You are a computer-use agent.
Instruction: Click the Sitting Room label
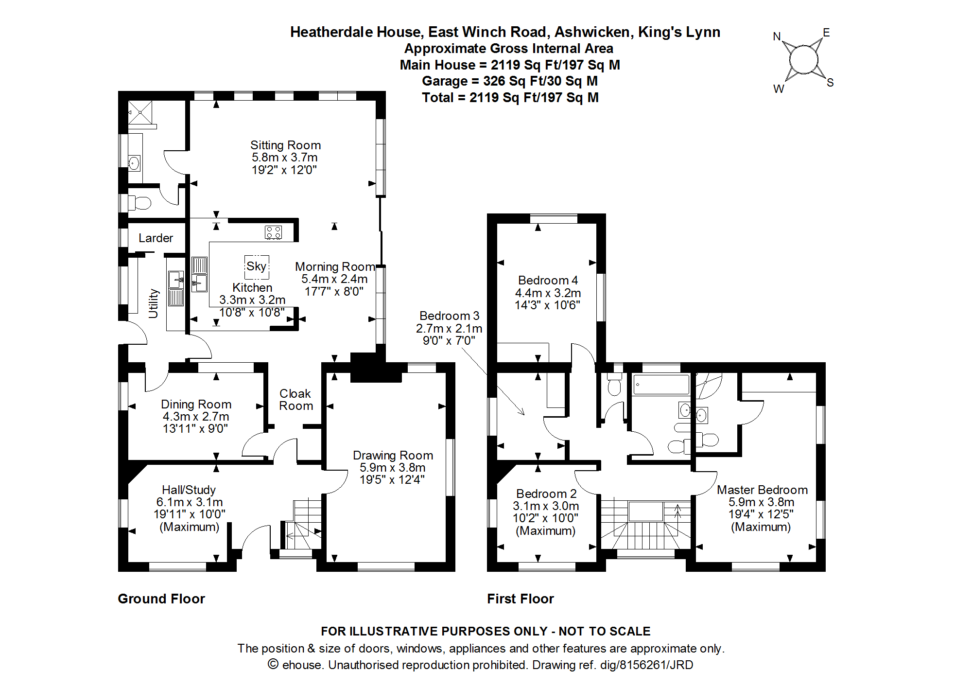click(285, 145)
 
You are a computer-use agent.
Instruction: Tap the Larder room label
click(156, 238)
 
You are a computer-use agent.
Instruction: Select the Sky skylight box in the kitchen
click(256, 266)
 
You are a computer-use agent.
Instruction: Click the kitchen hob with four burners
click(273, 232)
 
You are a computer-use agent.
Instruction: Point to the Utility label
click(154, 303)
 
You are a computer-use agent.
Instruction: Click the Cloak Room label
click(295, 400)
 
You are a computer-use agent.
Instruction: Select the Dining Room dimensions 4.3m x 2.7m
click(196, 417)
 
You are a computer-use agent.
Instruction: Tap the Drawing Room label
click(393, 456)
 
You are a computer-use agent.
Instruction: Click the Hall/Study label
click(189, 490)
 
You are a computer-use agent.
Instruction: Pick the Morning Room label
click(335, 267)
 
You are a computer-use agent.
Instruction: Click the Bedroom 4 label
click(548, 281)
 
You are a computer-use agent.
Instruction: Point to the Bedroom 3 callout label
click(449, 316)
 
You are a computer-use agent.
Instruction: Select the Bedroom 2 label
click(546, 494)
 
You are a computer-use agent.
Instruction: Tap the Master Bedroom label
click(762, 490)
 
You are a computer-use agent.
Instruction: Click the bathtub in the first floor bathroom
click(661, 385)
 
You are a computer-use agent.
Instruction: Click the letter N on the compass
click(777, 37)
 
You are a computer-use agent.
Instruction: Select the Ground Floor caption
click(161, 599)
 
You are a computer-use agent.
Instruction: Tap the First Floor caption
click(521, 599)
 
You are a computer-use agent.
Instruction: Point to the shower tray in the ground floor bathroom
click(140, 112)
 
